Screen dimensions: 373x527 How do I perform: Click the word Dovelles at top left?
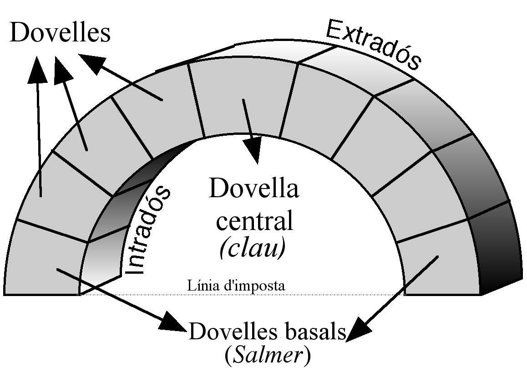pyautogui.click(x=60, y=33)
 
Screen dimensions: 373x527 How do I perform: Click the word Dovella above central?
pyautogui.click(x=254, y=189)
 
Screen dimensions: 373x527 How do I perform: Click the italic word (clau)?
pyautogui.click(x=252, y=248)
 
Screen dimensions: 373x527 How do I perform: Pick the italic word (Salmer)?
pyautogui.click(x=268, y=356)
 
